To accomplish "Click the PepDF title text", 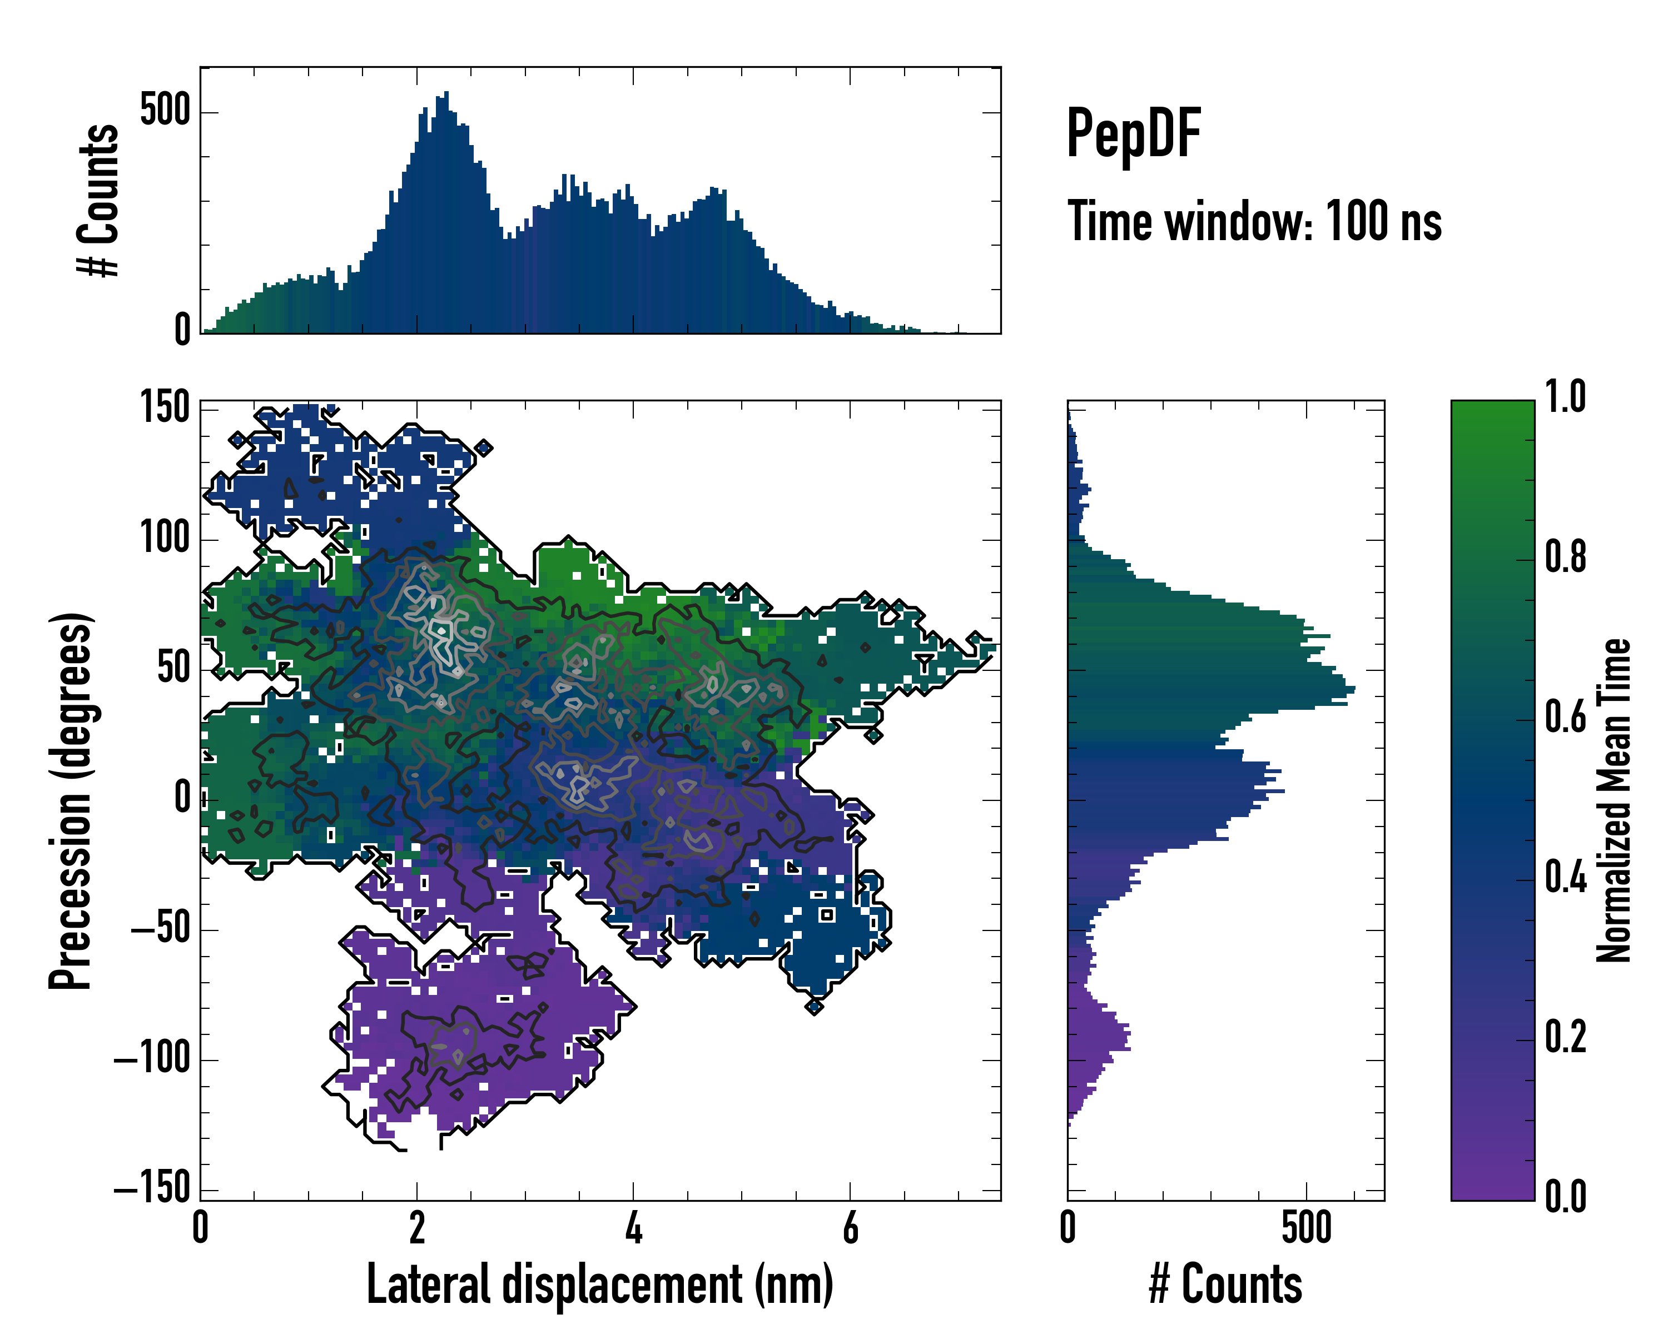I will coord(1133,135).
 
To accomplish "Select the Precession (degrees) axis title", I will coord(71,800).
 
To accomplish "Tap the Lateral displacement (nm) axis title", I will coord(599,1285).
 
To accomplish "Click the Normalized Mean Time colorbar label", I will coord(1614,800).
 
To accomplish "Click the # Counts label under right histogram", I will coord(1225,1285).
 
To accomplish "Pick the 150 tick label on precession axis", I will coord(165,407).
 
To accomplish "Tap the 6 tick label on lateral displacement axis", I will coord(850,1228).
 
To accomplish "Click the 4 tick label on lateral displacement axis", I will coord(634,1228).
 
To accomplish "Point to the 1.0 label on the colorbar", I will coord(1565,397).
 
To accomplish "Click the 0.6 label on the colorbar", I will coord(1565,718).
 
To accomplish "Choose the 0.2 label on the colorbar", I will coord(1565,1038).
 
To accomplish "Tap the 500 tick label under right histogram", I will coord(1307,1228).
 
